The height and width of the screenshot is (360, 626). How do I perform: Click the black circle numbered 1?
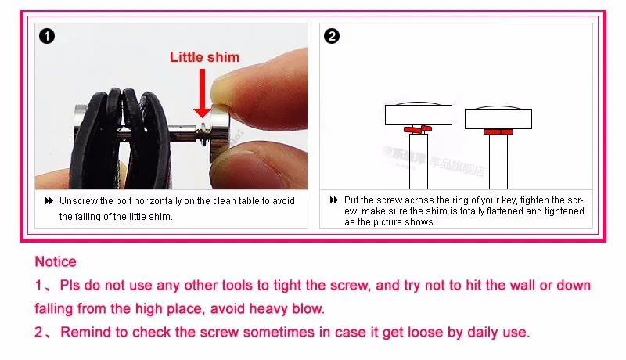(47, 36)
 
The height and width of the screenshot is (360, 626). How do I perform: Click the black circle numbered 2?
(332, 36)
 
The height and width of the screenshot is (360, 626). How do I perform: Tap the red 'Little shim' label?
(204, 57)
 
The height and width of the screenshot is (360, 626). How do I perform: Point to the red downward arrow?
(203, 93)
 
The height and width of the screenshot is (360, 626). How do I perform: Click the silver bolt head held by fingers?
(219, 133)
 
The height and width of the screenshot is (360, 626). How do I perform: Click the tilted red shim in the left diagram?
(418, 129)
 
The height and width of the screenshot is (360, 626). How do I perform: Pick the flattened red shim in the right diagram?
(498, 131)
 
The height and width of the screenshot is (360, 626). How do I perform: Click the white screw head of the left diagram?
(419, 114)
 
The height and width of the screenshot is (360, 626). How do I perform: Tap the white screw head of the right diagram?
(498, 118)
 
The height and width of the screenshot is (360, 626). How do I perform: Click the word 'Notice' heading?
(56, 262)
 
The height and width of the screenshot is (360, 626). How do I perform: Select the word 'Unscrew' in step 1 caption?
(78, 201)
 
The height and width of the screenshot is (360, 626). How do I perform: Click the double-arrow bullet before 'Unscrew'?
(49, 201)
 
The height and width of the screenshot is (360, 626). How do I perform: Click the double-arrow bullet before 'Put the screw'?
(334, 200)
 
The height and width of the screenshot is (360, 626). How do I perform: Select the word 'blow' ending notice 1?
(307, 308)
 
